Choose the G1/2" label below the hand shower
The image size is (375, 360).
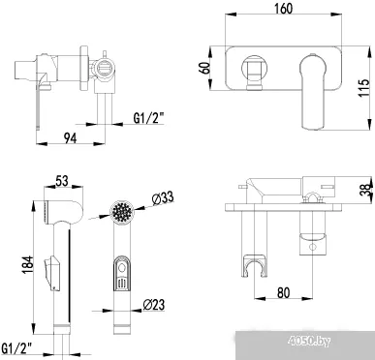(x=21, y=345)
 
